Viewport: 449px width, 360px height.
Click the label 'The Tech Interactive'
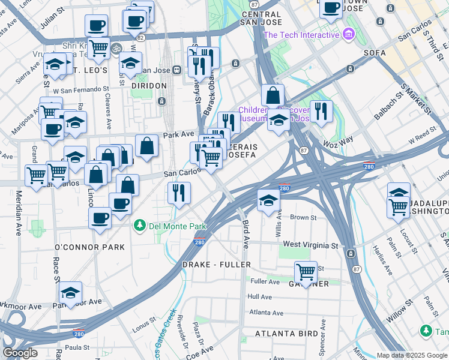pyautogui.click(x=301, y=35)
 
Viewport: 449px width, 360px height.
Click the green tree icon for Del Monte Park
pyautogui.click(x=140, y=226)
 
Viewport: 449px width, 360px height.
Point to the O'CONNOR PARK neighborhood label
pyautogui.click(x=89, y=247)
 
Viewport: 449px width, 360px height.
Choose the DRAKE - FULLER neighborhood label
pyautogui.click(x=216, y=265)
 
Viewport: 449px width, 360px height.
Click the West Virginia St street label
pyautogui.click(x=310, y=245)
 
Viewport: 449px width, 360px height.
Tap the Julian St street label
pyautogui.click(x=53, y=19)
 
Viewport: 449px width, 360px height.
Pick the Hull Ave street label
pyautogui.click(x=259, y=296)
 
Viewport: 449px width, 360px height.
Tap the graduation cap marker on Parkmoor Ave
pyautogui.click(x=70, y=292)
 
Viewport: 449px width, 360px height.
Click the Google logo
pyautogui.click(x=20, y=353)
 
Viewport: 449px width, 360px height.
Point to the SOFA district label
pyautogui.click(x=375, y=53)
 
